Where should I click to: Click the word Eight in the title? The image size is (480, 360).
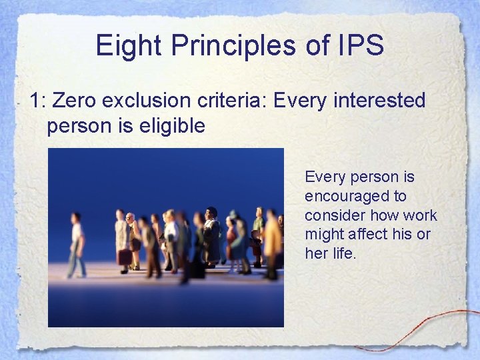[x=128, y=45]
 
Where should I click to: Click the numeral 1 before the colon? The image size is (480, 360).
[x=35, y=101]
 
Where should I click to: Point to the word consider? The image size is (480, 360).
[x=332, y=215]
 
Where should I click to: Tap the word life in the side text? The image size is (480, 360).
[x=343, y=254]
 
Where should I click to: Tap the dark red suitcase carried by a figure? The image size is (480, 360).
[x=125, y=257]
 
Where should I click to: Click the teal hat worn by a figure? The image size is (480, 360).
[x=233, y=215]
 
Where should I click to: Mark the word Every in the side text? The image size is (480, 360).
[x=324, y=177]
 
